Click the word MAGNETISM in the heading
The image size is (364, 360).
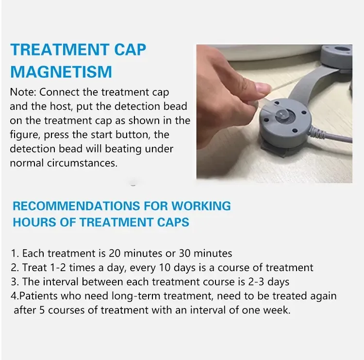pyautogui.click(x=61, y=71)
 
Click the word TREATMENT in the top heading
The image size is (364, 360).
pyautogui.click(x=59, y=50)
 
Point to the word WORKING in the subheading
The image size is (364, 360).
pyautogui.click(x=201, y=206)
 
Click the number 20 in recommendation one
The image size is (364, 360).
pyautogui.click(x=115, y=253)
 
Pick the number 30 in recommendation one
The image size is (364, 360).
pyautogui.click(x=184, y=253)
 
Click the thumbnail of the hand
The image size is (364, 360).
pyautogui.click(x=264, y=88)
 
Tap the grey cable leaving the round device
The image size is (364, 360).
pyautogui.click(x=332, y=135)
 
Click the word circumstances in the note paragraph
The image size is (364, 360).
pyautogui.click(x=82, y=163)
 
